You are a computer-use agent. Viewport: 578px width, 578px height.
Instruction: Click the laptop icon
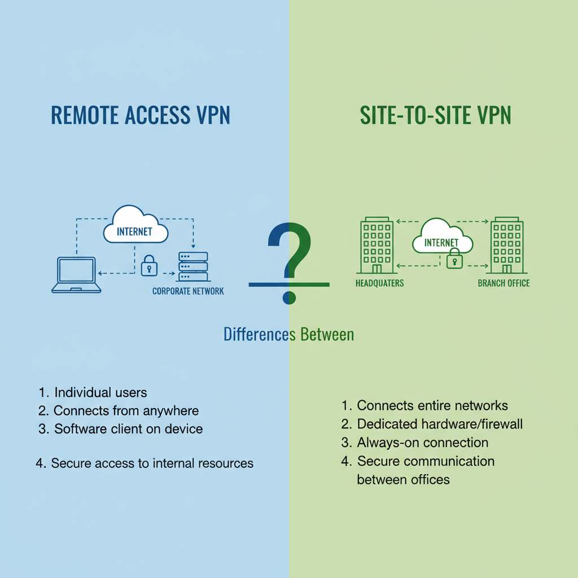click(76, 275)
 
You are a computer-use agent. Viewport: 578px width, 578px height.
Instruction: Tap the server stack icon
click(193, 266)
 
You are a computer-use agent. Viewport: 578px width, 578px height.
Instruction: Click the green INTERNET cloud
click(442, 240)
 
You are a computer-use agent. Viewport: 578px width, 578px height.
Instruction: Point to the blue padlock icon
click(148, 265)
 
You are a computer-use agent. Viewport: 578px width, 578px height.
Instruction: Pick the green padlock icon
click(455, 260)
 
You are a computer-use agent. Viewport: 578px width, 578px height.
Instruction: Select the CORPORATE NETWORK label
click(188, 291)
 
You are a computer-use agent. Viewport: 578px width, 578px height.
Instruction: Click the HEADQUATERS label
click(379, 283)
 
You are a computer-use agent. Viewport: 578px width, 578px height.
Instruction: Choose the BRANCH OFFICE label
click(503, 283)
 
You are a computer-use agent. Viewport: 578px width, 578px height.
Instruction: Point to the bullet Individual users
click(100, 392)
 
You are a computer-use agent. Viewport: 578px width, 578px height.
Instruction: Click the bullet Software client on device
click(128, 428)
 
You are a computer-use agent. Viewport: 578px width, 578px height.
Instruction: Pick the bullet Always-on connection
click(422, 442)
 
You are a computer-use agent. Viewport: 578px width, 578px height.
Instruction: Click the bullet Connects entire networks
click(432, 405)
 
